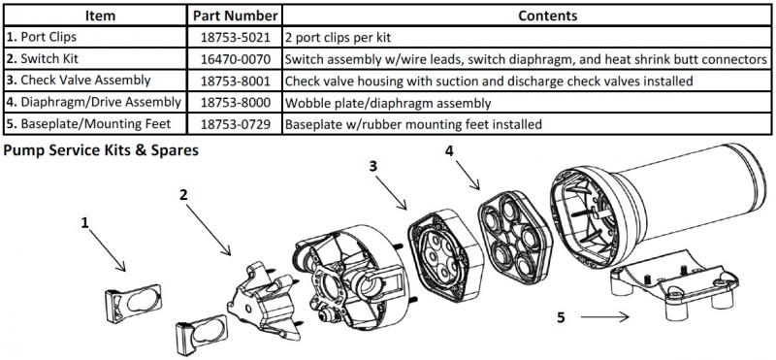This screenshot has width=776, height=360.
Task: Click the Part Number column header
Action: click(x=235, y=16)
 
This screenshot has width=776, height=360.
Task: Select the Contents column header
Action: click(x=547, y=16)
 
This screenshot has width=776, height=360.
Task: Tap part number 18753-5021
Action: click(x=235, y=37)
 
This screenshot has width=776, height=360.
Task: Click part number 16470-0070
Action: click(x=235, y=59)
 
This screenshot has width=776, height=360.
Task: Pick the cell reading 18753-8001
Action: click(x=235, y=81)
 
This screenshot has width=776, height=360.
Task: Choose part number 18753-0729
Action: click(x=235, y=124)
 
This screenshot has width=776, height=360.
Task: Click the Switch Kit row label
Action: click(x=43, y=59)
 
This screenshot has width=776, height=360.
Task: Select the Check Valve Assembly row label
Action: click(x=79, y=81)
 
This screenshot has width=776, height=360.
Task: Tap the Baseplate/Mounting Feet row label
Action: click(x=88, y=124)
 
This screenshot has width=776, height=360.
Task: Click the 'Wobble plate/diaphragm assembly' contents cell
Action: click(x=388, y=103)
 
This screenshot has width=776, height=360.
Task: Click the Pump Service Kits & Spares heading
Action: click(x=101, y=150)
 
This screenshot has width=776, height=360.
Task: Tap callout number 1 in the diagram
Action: click(x=85, y=223)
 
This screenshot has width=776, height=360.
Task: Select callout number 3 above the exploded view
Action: click(x=373, y=166)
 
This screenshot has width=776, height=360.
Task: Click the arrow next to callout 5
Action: click(x=604, y=317)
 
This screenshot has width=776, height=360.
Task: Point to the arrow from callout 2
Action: click(x=209, y=230)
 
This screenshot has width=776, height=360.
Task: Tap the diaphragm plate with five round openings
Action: click(x=515, y=237)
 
